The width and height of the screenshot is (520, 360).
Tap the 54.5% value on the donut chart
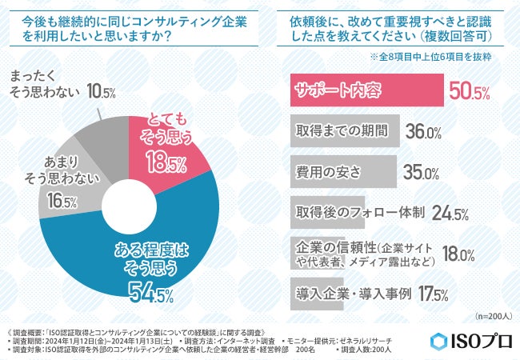[x=151, y=294]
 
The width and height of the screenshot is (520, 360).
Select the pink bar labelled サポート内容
[x=365, y=91]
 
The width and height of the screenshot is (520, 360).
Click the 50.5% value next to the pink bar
[x=469, y=92]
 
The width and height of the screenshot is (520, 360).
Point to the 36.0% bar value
[x=423, y=132]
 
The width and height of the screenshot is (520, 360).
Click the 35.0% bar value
[x=420, y=172]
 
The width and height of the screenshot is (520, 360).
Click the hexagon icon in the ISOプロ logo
[x=437, y=340]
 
